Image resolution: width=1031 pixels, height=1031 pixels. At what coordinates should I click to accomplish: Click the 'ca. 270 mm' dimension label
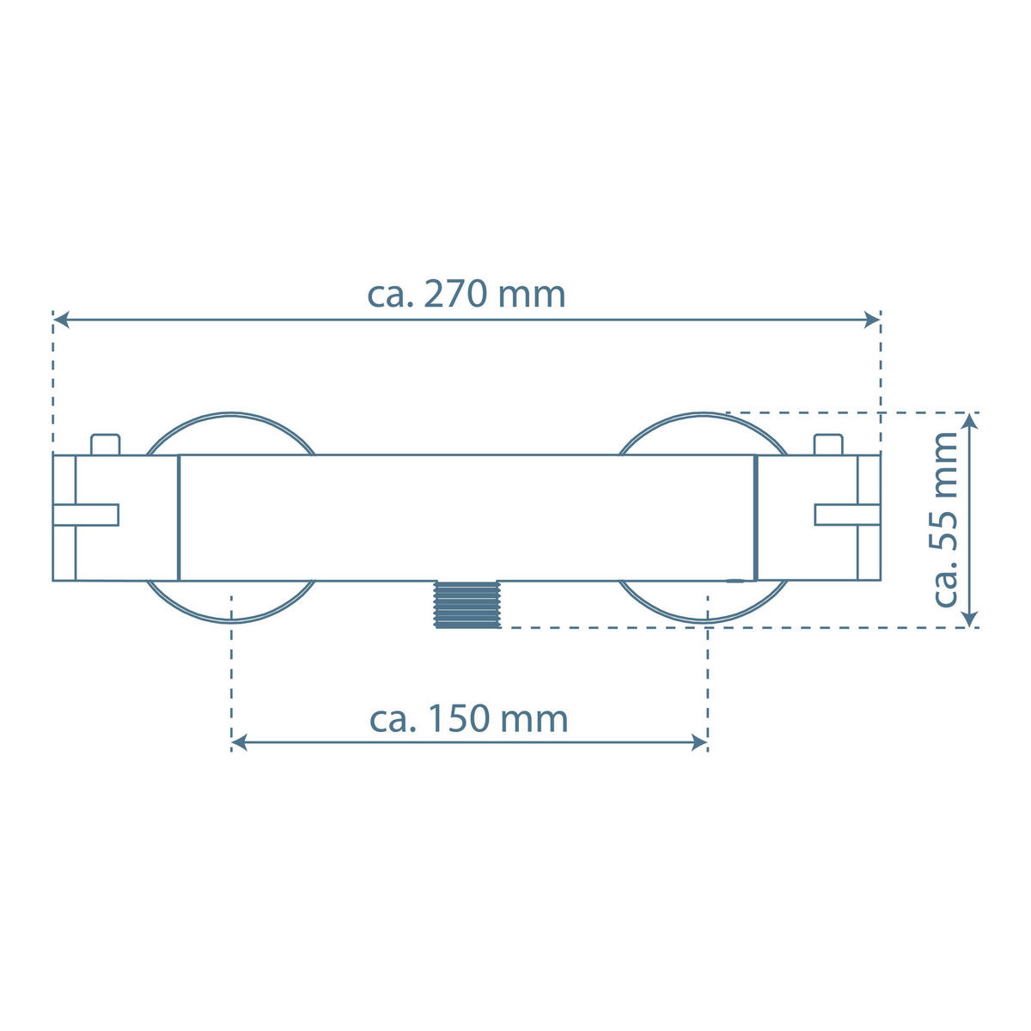pyautogui.click(x=467, y=295)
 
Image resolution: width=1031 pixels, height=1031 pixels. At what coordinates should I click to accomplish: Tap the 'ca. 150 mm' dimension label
pyautogui.click(x=469, y=719)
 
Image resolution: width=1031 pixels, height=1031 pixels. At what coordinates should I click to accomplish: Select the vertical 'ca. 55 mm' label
pyautogui.click(x=945, y=520)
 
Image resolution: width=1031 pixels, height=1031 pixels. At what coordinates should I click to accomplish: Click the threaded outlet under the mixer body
pyautogui.click(x=467, y=603)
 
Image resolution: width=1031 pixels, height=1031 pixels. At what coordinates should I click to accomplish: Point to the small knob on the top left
pyautogui.click(x=106, y=444)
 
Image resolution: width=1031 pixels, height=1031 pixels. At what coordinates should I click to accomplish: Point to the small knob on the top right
pyautogui.click(x=827, y=444)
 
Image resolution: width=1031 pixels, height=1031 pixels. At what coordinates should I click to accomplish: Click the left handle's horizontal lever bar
pyautogui.click(x=85, y=514)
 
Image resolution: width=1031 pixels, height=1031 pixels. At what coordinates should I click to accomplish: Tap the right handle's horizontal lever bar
pyautogui.click(x=847, y=514)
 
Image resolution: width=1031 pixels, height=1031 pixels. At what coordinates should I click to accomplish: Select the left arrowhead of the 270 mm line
pyautogui.click(x=60, y=320)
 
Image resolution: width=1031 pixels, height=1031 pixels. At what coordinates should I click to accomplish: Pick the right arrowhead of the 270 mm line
pyautogui.click(x=874, y=320)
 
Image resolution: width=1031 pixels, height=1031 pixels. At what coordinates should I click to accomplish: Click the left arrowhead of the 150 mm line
pyautogui.click(x=240, y=741)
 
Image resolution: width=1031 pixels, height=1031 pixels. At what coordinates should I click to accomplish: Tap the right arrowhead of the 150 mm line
pyautogui.click(x=700, y=741)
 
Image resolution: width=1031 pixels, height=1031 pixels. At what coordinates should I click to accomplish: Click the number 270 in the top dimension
pyautogui.click(x=459, y=295)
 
